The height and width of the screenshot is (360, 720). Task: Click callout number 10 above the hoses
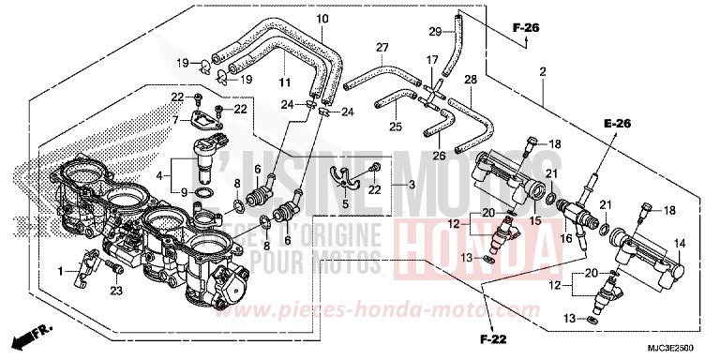pyautogui.click(x=322, y=20)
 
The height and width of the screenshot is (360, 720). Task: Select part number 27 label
pyautogui.click(x=382, y=47)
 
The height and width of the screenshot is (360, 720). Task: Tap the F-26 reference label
pyautogui.click(x=526, y=30)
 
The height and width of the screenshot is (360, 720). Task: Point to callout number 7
pyautogui.click(x=174, y=121)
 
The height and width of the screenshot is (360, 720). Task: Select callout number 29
pyautogui.click(x=434, y=33)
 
